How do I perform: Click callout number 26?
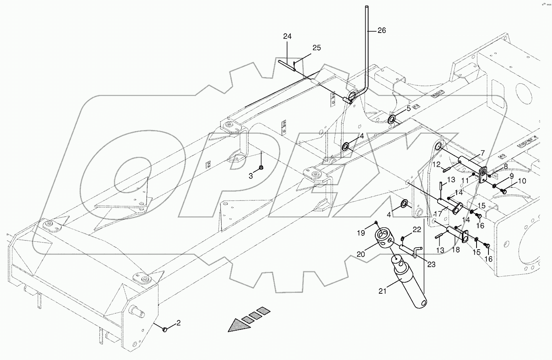381,31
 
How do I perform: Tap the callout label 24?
288,37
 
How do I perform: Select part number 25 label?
316,48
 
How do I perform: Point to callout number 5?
408,108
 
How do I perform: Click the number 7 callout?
483,152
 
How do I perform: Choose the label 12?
436,164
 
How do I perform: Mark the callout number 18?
455,249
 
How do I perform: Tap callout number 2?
178,323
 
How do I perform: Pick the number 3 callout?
251,176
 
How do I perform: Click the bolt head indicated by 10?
505,192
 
